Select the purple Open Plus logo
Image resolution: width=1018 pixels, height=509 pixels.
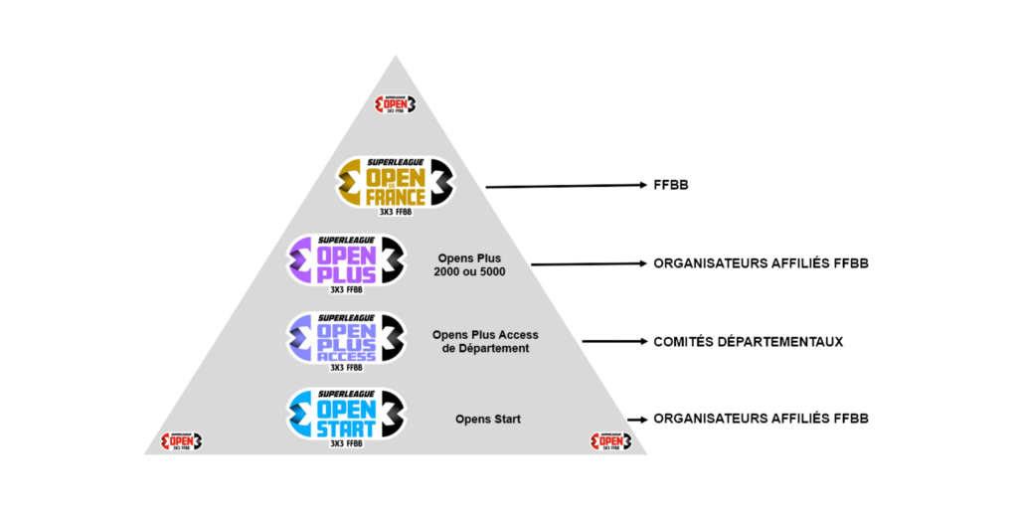[346, 260]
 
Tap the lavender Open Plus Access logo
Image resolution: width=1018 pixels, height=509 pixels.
[346, 338]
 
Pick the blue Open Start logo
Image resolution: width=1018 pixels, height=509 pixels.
[346, 415]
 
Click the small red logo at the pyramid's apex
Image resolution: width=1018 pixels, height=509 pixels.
[396, 104]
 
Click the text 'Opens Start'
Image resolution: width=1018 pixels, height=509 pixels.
[487, 420]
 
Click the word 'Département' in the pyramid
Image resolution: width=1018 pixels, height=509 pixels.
[486, 349]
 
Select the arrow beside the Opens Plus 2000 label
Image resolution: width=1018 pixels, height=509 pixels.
[587, 263]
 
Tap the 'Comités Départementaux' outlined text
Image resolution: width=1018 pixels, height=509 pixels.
[748, 341]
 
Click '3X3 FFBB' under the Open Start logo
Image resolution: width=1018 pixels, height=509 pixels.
[346, 442]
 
